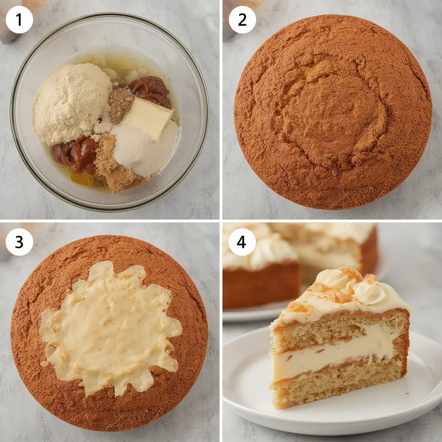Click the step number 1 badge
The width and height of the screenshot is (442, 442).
(x=19, y=19)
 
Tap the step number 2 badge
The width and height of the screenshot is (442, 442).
(x=242, y=19)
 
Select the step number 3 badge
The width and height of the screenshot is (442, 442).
(x=19, y=242)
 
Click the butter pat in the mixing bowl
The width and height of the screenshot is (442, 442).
(x=148, y=117)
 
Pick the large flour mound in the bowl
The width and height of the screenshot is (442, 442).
(x=71, y=102)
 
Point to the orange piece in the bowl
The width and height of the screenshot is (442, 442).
(x=82, y=177)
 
